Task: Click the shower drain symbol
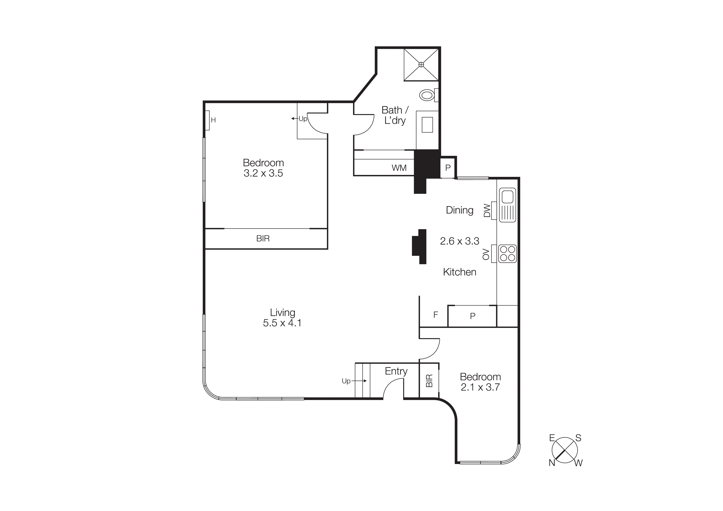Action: [421, 65]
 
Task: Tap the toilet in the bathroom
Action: [427, 95]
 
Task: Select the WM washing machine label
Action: [399, 168]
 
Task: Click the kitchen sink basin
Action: [507, 197]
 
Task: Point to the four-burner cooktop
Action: [507, 254]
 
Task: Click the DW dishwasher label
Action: [487, 210]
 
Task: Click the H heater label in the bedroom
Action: [213, 120]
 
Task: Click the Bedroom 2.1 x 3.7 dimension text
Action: [480, 387]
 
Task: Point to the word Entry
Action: [396, 371]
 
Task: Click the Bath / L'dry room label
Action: [395, 115]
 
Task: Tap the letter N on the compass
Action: [552, 463]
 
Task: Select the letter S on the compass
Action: [578, 438]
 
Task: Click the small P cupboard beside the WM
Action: [448, 168]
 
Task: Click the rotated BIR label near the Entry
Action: [429, 381]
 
